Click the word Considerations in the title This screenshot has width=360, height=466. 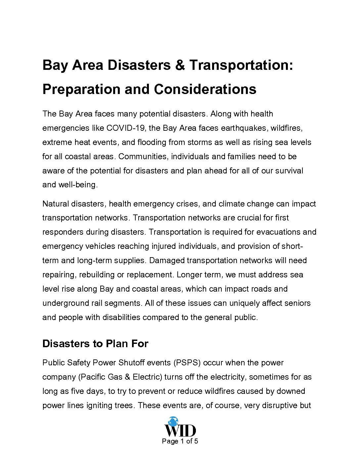(x=205, y=89)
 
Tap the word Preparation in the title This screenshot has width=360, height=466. (x=81, y=89)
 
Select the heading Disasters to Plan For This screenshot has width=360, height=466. (x=95, y=344)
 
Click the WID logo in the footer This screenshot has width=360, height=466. (x=180, y=427)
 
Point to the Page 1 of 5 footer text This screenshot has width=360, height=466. (x=180, y=441)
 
